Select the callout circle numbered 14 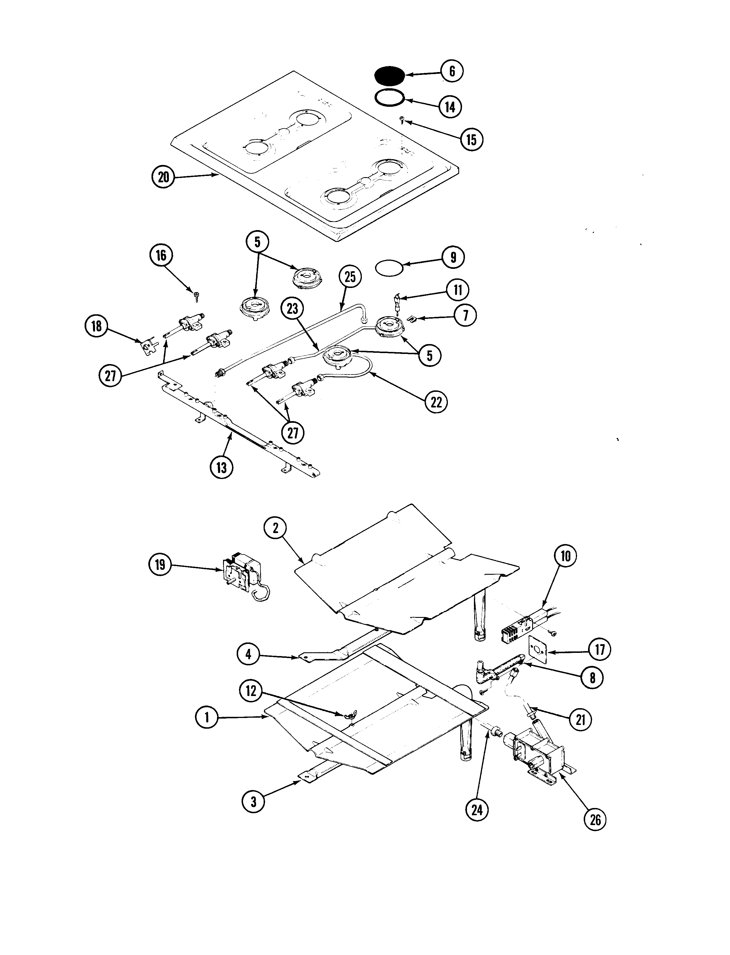point(450,106)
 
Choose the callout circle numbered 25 point(350,277)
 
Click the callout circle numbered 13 point(222,468)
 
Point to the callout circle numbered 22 point(436,402)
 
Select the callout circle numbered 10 point(565,556)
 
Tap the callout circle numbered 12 point(251,690)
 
